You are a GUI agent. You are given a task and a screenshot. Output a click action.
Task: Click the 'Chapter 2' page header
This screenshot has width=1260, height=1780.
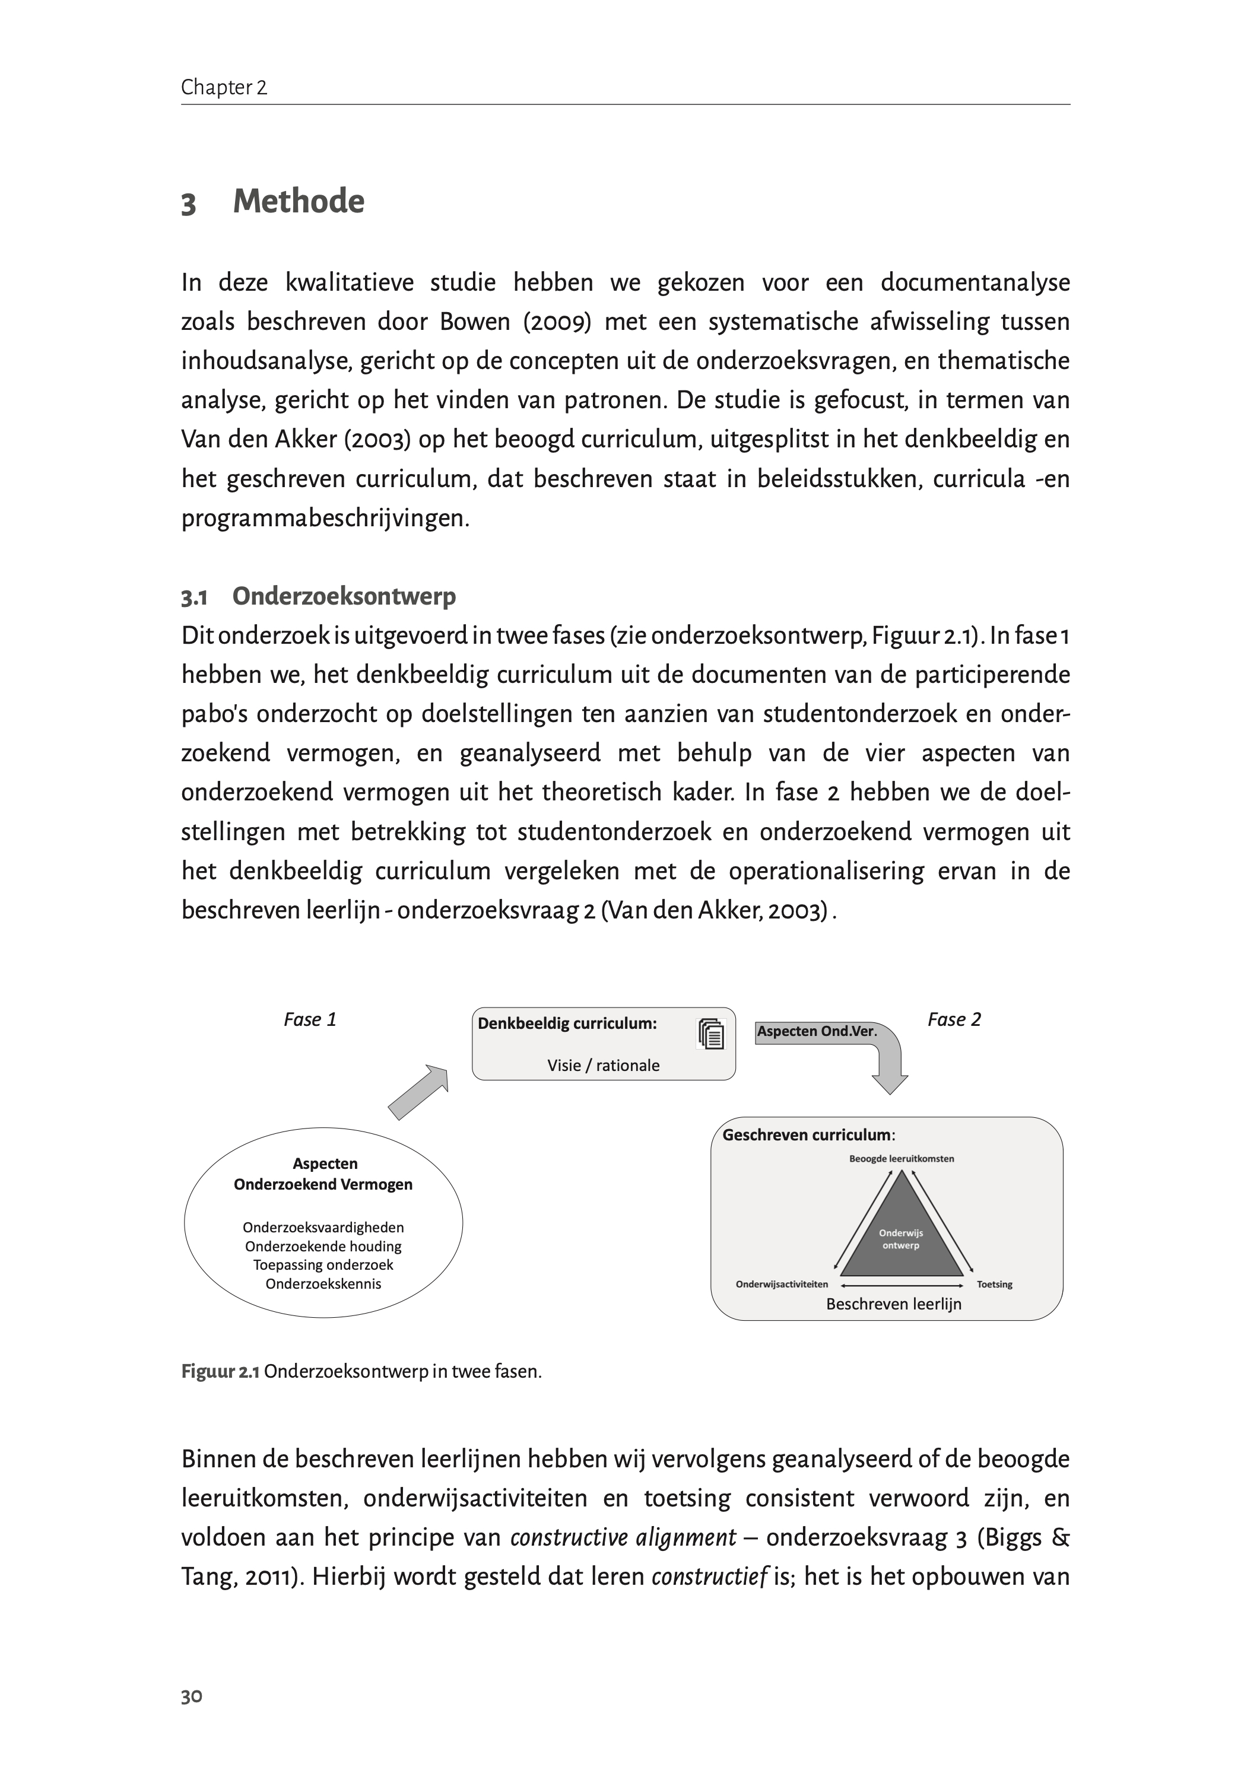click(x=223, y=88)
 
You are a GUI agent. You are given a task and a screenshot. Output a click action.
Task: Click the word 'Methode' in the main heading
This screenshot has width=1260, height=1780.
click(x=298, y=202)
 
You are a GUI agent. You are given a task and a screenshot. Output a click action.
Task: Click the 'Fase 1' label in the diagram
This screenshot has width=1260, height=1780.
click(x=310, y=1020)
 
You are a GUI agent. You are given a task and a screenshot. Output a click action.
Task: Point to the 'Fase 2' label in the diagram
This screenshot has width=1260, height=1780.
click(x=954, y=1020)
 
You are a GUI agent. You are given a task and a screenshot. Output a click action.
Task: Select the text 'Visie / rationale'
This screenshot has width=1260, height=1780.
click(x=603, y=1066)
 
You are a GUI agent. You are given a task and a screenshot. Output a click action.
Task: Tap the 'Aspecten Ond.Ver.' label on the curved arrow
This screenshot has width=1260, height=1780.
click(x=816, y=1032)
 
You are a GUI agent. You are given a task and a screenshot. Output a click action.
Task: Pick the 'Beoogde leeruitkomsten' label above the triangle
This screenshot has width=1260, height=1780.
click(x=901, y=1159)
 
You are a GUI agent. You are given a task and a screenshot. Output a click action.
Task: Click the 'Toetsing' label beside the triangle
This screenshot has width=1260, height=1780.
click(x=994, y=1285)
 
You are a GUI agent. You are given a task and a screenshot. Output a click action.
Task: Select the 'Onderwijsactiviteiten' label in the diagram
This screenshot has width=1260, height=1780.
click(x=781, y=1285)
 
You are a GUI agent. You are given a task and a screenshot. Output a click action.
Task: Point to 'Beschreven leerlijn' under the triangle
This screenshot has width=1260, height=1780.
click(x=893, y=1305)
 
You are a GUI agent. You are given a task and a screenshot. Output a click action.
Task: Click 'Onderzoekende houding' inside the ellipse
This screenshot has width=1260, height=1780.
click(x=323, y=1247)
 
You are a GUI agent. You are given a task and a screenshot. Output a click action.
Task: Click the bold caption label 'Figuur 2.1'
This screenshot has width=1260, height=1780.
click(x=220, y=1371)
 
